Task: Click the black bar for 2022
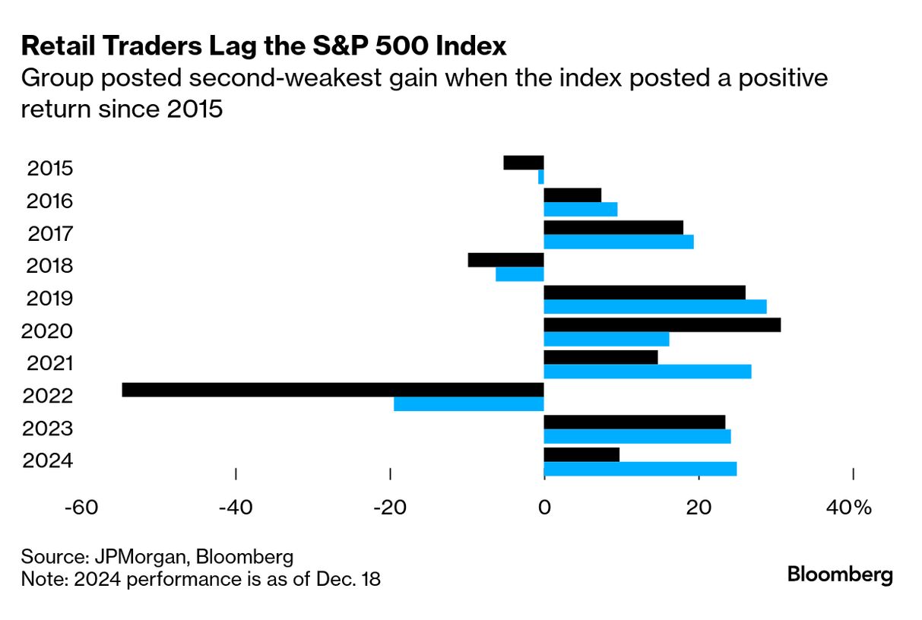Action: [x=333, y=390]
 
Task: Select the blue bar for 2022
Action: [x=469, y=404]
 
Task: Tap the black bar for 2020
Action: [x=662, y=325]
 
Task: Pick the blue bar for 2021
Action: [x=648, y=372]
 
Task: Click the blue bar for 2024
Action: [x=640, y=469]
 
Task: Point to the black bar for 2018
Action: [x=506, y=260]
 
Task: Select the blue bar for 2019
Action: [x=655, y=307]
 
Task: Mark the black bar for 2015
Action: [x=524, y=163]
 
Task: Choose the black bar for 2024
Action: [x=581, y=454]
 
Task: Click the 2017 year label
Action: [x=50, y=234]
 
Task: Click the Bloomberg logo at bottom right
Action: [x=840, y=574]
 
